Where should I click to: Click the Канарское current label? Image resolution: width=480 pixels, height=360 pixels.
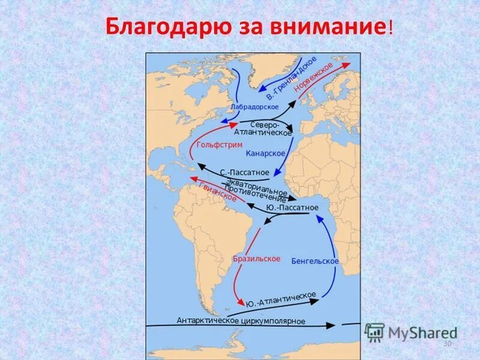point(265,154)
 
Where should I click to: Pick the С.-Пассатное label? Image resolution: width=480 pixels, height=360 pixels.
point(244,172)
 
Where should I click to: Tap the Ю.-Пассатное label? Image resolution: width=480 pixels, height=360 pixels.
point(292,208)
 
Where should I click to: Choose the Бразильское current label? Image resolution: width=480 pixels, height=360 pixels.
point(256,259)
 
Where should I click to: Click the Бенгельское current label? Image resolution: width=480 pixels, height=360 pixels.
point(315,261)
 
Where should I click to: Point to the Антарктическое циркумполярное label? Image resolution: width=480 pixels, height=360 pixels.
point(241,321)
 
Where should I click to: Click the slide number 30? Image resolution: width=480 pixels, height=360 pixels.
point(446,343)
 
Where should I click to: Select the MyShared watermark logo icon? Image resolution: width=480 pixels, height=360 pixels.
point(374,332)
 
